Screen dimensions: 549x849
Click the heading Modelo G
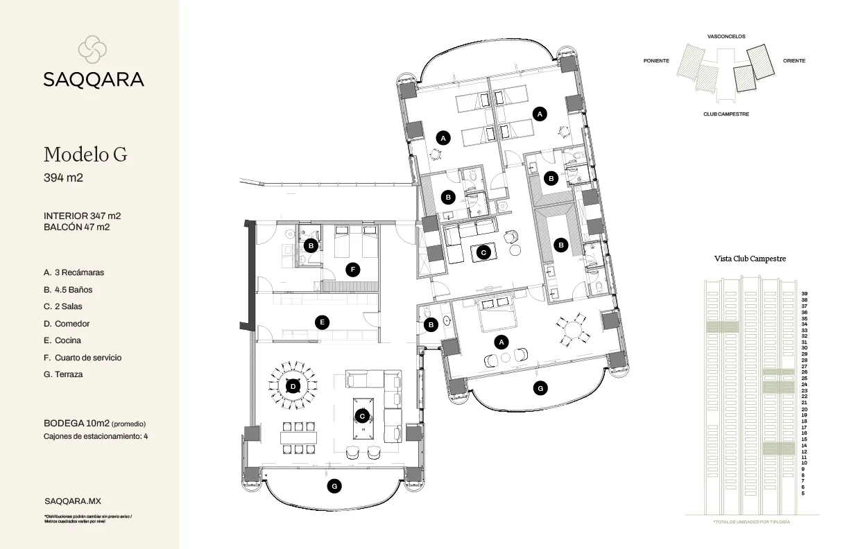coord(85,154)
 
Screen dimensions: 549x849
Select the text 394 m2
coord(63,178)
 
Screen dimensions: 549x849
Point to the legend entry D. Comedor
coord(67,324)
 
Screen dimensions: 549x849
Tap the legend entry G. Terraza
coord(63,374)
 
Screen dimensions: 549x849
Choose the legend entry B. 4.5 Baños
coord(67,290)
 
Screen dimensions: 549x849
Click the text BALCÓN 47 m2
coord(76,227)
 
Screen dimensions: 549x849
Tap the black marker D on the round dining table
coord(293,386)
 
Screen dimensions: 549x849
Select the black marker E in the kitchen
coord(321,322)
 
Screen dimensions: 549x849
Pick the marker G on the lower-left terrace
coord(334,487)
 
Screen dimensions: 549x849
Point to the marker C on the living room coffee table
coord(361,416)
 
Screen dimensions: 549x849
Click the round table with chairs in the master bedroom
coord(572,329)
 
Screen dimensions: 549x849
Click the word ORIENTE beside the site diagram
coord(794,61)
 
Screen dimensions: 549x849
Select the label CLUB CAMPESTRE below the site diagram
coord(726,114)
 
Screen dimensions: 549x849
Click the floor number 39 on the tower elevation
coord(804,293)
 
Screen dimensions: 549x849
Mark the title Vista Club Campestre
coord(750,259)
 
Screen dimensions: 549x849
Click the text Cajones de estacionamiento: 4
coord(96,437)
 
